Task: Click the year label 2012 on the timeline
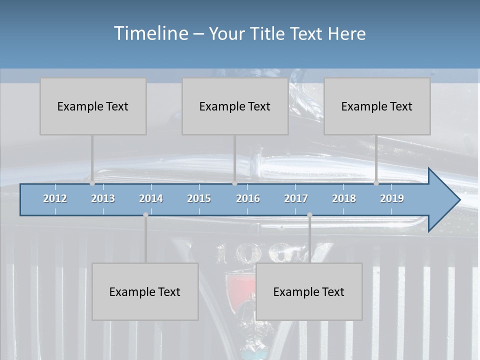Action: coord(55,198)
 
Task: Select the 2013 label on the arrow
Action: coord(103,198)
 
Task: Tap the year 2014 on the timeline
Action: coord(151,198)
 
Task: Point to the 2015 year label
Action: coord(199,198)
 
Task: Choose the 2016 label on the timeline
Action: coord(248,198)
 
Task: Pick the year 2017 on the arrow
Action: coord(296,198)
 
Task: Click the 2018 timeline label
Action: coord(344,198)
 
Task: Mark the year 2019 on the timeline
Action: coord(392,198)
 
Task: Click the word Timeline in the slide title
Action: coord(150,33)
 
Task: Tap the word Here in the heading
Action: coord(347,34)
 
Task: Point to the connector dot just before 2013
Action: coord(92,183)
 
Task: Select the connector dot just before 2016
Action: coord(234,183)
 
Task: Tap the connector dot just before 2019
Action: coord(376,183)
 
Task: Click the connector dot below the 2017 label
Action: coord(309,215)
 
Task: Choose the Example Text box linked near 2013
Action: coord(93,106)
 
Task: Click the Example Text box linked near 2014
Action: coord(145,291)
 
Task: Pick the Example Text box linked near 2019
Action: coord(377,106)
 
